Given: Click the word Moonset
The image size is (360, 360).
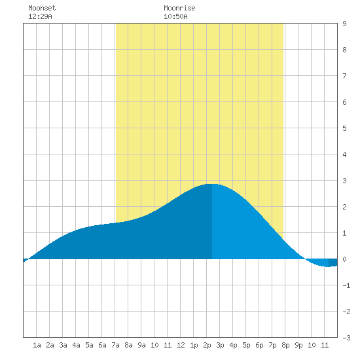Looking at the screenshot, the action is tap(42, 8).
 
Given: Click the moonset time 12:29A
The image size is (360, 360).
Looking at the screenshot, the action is tap(40, 16).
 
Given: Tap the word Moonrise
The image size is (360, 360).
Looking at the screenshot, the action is tap(179, 8).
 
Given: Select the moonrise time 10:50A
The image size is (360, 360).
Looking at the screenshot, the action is tap(175, 16).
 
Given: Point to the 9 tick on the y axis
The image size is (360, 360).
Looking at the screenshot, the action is tap(344, 24).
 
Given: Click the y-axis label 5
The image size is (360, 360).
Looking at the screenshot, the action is tap(344, 128).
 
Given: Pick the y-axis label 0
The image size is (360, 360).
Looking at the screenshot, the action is tap(344, 259).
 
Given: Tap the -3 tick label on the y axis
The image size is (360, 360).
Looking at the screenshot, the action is tap(346, 338).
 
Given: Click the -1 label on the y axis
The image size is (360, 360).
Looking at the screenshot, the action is tap(346, 285).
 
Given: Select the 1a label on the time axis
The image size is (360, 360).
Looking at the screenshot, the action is tap(37, 345).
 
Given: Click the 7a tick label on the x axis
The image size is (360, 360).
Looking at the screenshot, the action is tap(115, 345).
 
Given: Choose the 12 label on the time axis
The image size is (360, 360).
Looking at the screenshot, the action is tap(181, 345).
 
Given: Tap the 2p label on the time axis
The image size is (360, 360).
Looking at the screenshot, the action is tap(207, 345).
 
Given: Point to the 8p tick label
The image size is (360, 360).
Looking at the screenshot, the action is tap(285, 345).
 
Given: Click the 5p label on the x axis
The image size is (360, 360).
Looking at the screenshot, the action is tap(246, 345).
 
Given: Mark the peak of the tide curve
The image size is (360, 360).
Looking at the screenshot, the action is tap(212, 184).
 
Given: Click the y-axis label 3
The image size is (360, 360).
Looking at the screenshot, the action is tap(344, 181).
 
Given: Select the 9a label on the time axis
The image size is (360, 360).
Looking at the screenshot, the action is tap(141, 345).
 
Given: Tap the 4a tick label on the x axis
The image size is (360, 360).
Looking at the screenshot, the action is tap(76, 345).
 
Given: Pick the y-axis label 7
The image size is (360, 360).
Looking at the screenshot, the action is tap(344, 76).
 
